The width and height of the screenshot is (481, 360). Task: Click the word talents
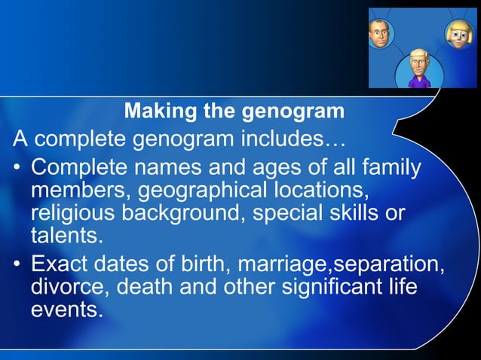click(x=65, y=236)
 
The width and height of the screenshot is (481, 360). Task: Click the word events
click(x=65, y=310)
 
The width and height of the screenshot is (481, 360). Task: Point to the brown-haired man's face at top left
click(x=378, y=32)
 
